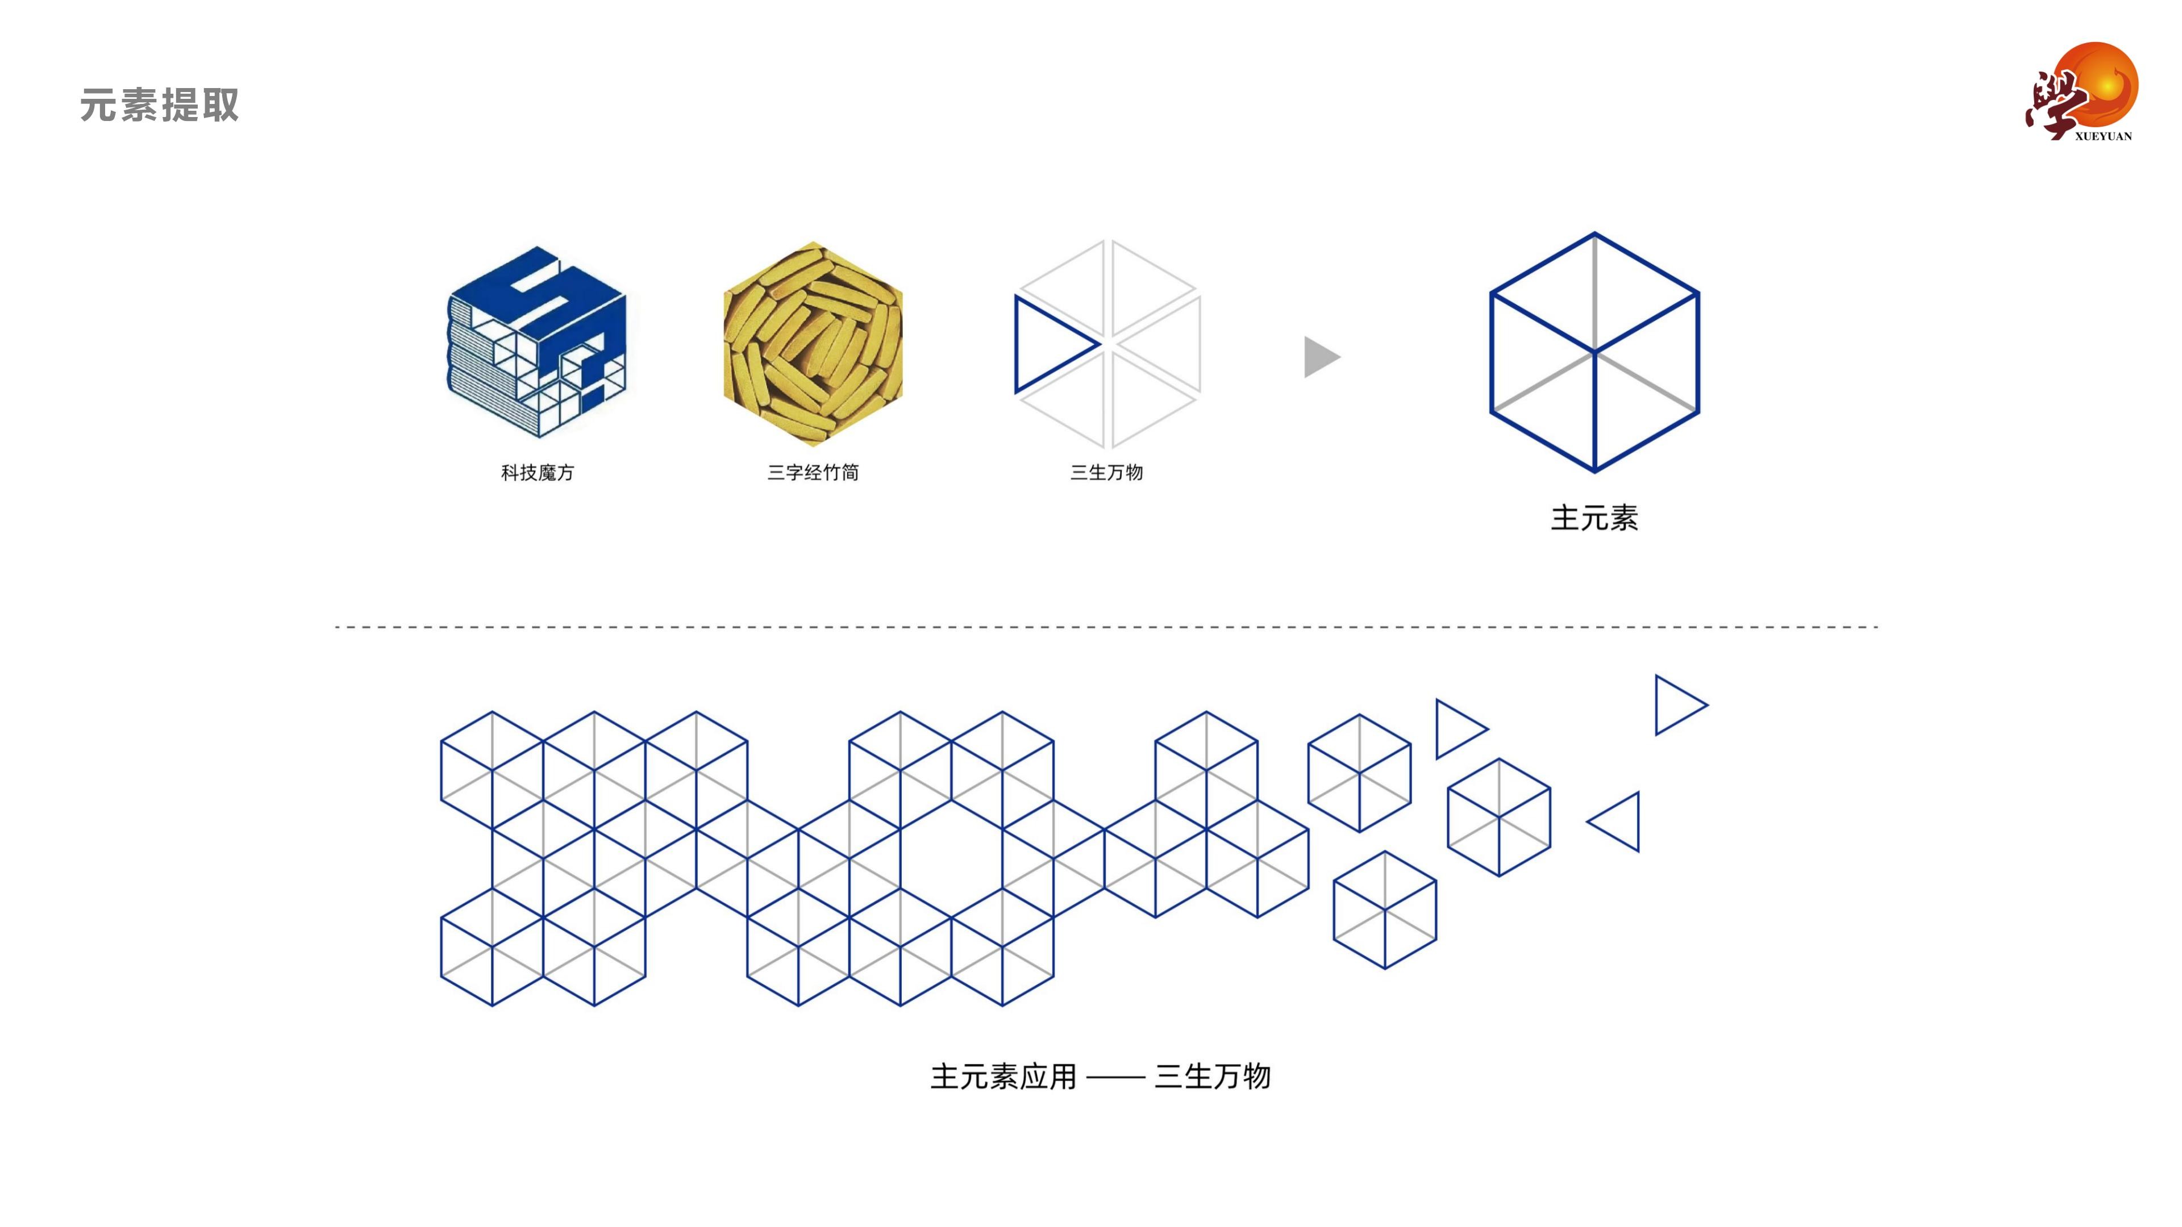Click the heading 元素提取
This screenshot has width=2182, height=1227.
pyautogui.click(x=159, y=106)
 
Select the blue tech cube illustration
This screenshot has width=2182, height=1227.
pyautogui.click(x=537, y=342)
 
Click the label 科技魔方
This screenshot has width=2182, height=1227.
pyautogui.click(x=538, y=473)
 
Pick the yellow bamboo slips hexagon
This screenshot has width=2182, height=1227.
pyautogui.click(x=813, y=344)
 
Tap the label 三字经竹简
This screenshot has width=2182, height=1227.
pyautogui.click(x=813, y=473)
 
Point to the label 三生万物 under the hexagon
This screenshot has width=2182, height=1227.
pyautogui.click(x=1107, y=473)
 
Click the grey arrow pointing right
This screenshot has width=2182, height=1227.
pyautogui.click(x=1321, y=357)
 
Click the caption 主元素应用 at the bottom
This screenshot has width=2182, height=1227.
pyautogui.click(x=1003, y=1077)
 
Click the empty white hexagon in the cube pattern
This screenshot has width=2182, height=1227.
pyautogui.click(x=951, y=859)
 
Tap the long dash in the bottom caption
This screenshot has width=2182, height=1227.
pyautogui.click(x=1115, y=1079)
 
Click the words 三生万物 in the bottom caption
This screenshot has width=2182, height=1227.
pyautogui.click(x=1213, y=1077)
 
